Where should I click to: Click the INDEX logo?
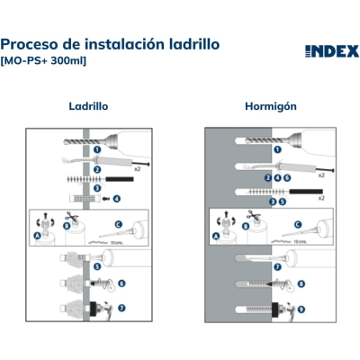click(325, 49)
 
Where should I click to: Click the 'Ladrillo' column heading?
click(88, 105)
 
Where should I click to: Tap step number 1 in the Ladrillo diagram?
click(96, 150)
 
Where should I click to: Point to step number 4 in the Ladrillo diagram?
click(116, 197)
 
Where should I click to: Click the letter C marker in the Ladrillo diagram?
click(117, 225)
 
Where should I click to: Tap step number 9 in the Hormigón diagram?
click(301, 309)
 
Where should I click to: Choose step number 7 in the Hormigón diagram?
click(277, 267)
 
